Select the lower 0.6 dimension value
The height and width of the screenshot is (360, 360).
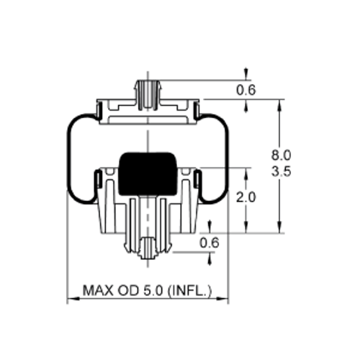[209, 243]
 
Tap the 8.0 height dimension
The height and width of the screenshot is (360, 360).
[281, 155]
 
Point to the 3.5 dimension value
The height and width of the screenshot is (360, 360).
[281, 172]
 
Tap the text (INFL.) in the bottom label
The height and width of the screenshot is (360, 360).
[189, 291]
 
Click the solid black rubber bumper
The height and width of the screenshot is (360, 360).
[148, 174]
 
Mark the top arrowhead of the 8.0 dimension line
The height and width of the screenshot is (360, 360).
[279, 104]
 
